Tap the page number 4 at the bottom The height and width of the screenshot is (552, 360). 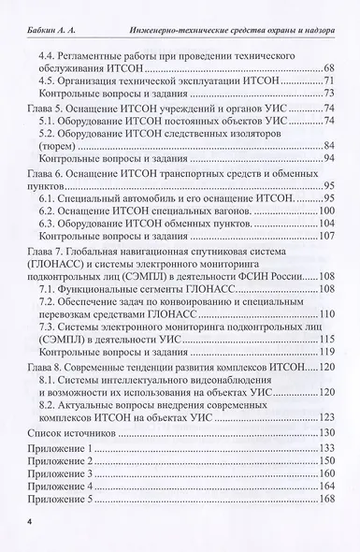point(30,518)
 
